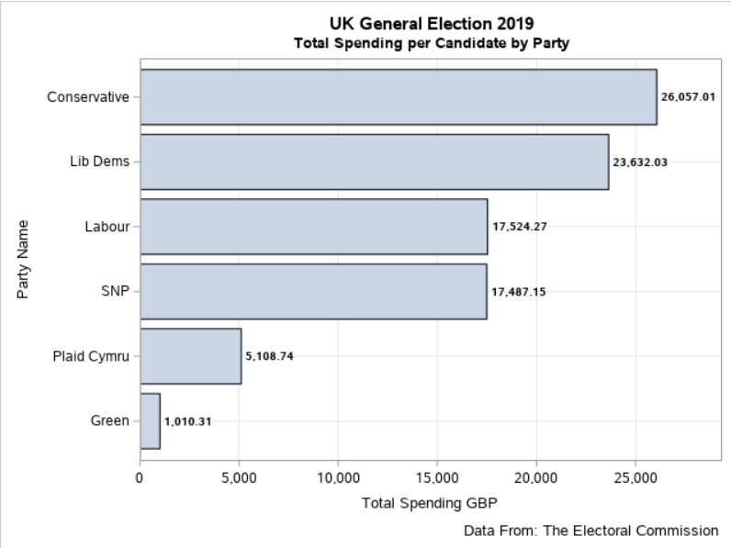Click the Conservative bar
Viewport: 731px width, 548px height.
click(398, 96)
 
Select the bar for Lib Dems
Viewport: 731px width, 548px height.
click(374, 162)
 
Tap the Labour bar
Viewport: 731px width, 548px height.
click(313, 227)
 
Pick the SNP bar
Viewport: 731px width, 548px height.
click(313, 292)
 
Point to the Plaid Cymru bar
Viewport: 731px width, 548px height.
click(190, 356)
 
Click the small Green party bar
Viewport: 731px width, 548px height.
click(150, 421)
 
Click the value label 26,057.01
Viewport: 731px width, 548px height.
click(688, 96)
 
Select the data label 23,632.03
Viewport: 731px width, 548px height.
click(640, 162)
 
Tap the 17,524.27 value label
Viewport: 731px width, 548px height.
click(519, 227)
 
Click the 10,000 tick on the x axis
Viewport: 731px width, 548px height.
click(338, 477)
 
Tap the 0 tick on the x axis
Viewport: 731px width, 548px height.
click(140, 477)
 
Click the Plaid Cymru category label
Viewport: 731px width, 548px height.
click(90, 356)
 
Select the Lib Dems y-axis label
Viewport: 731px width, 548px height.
click(99, 162)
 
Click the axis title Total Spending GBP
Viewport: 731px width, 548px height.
click(429, 503)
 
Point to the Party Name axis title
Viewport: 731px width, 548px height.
click(23, 259)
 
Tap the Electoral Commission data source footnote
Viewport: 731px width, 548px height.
click(590, 531)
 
